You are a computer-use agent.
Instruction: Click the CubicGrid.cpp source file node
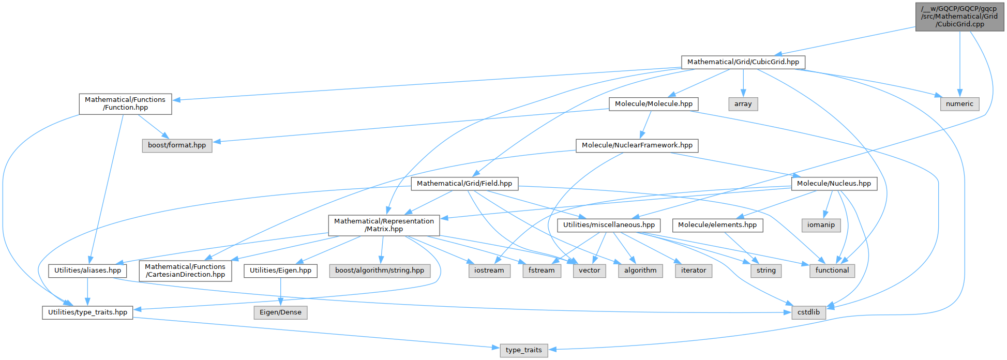959,17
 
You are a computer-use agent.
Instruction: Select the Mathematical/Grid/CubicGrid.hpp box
743,62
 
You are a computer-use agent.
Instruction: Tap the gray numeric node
959,104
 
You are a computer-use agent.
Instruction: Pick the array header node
743,104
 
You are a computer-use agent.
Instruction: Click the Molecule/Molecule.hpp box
653,104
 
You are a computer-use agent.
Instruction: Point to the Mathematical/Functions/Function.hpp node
125,103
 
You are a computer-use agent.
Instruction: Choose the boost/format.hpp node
177,145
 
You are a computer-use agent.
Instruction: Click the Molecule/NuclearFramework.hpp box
637,145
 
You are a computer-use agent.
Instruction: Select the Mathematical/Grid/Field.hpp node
464,184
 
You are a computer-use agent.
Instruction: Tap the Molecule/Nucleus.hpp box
834,184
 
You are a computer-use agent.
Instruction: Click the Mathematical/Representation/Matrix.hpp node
384,225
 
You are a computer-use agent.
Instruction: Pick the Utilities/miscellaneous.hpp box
609,225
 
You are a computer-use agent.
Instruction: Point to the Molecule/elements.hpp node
717,225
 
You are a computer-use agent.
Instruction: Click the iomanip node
821,225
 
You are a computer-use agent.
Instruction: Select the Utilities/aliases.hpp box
87,271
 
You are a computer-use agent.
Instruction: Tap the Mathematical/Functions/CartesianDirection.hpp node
185,271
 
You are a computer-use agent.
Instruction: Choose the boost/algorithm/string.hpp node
379,271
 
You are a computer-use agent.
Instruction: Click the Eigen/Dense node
280,312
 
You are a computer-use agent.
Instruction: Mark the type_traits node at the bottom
523,350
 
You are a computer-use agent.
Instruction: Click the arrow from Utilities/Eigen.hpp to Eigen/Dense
280,292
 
